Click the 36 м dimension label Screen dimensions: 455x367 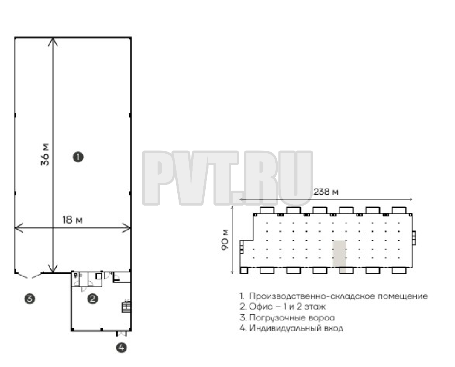45,155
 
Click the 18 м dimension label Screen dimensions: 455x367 73,220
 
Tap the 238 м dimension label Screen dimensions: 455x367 326,192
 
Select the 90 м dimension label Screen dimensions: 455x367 225,240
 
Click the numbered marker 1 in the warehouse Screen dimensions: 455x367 78,157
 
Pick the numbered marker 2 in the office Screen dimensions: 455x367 93,299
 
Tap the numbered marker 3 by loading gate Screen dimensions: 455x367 30,299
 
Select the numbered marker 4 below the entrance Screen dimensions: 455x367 122,348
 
